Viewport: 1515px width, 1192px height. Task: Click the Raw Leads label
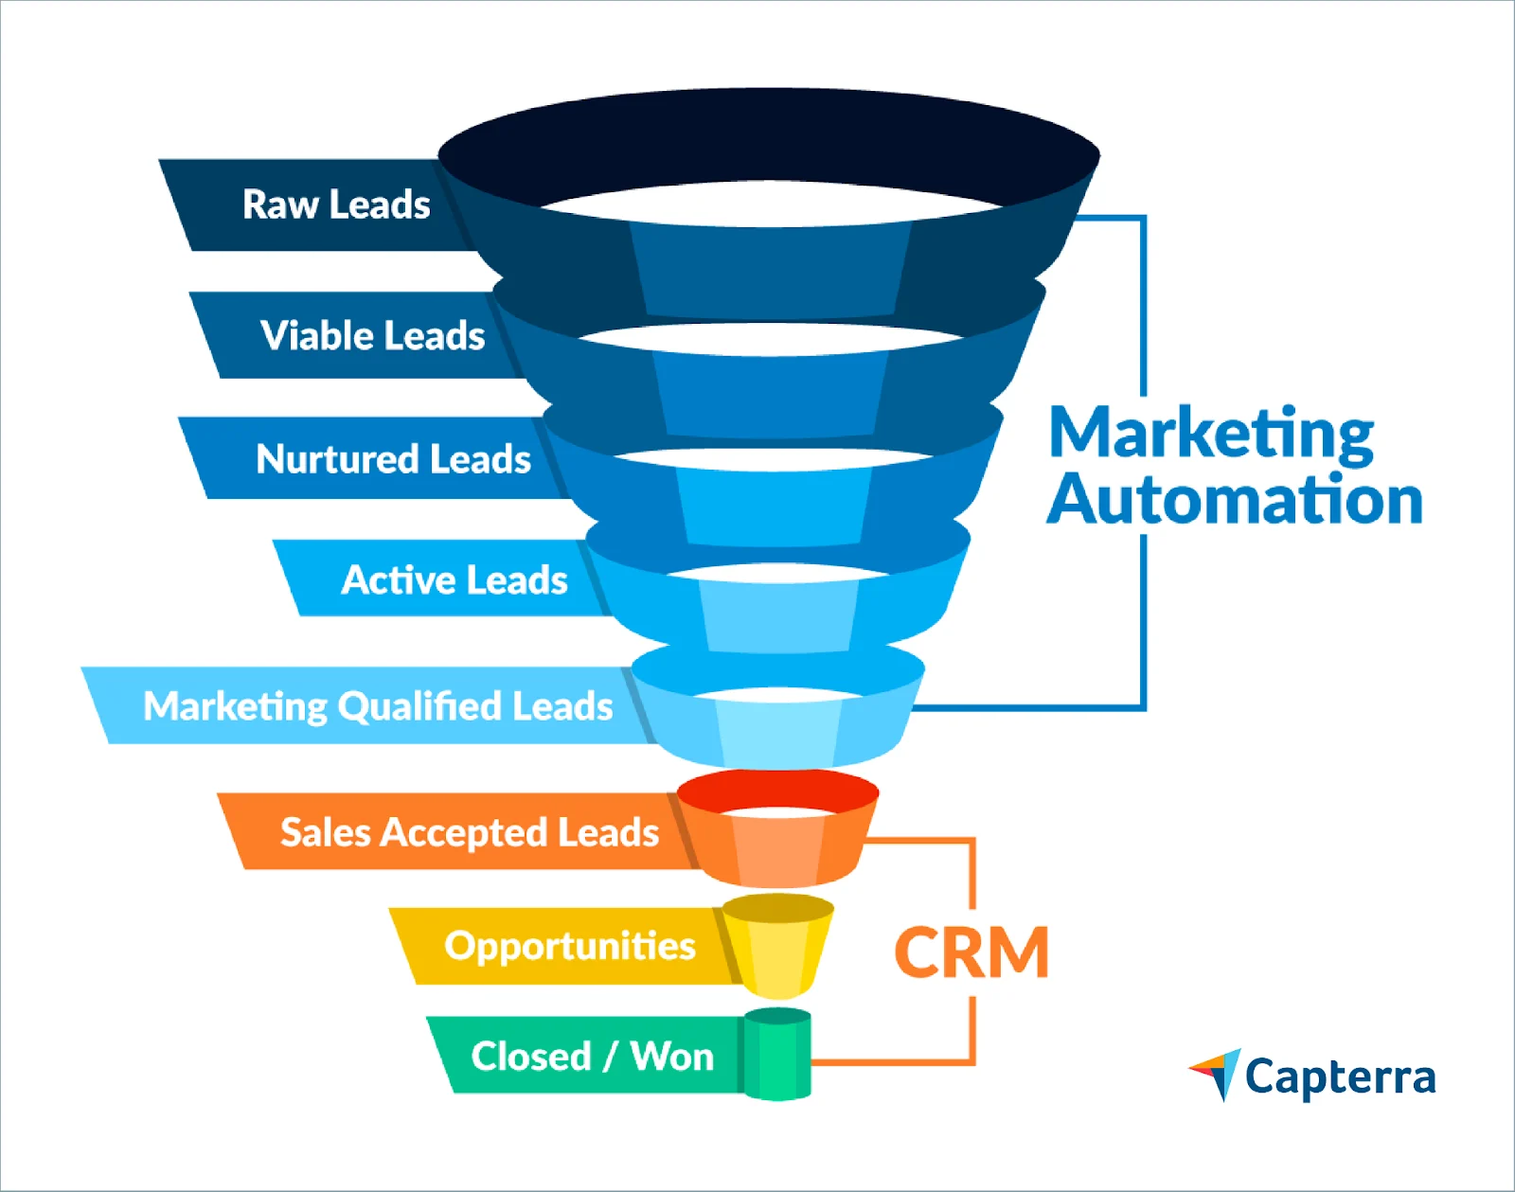click(x=336, y=205)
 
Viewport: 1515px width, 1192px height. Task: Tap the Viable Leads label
click(x=372, y=335)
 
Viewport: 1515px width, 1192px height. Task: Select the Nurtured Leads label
click(x=393, y=459)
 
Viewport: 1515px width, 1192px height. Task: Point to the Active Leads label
click(x=454, y=579)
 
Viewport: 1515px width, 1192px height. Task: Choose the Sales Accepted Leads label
click(x=469, y=832)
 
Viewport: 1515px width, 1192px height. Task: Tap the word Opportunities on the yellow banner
click(x=569, y=946)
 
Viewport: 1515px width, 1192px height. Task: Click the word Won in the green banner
click(x=672, y=1056)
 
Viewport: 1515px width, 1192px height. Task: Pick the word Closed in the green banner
click(x=531, y=1056)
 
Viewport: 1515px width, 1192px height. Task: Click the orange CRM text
click(x=971, y=952)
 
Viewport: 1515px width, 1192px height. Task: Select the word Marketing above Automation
click(x=1211, y=434)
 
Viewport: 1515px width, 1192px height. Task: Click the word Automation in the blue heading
click(x=1235, y=500)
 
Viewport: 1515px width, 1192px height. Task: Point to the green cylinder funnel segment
click(x=777, y=1056)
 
